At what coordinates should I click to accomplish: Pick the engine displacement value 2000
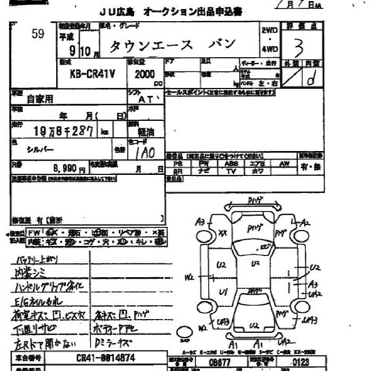point(140,75)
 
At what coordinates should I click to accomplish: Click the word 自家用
point(40,99)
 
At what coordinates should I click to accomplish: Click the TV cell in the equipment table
point(231,172)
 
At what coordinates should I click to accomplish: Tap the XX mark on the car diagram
point(223,233)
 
